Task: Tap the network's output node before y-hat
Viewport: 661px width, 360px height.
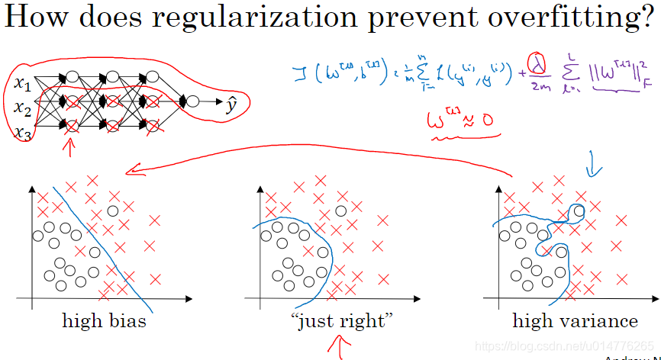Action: point(193,101)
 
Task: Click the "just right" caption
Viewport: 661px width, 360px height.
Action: point(342,321)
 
